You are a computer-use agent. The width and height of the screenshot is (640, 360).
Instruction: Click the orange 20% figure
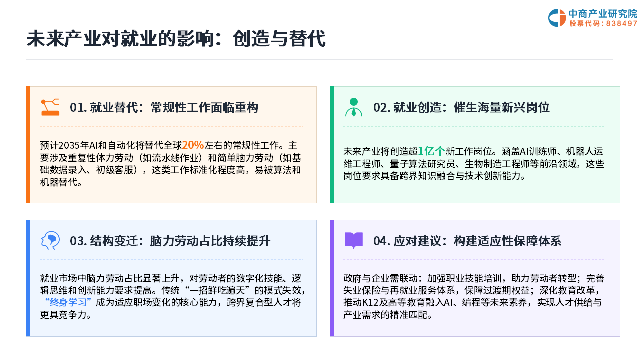click(x=193, y=145)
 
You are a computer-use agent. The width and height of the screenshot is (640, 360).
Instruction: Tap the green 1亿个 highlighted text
click(x=431, y=151)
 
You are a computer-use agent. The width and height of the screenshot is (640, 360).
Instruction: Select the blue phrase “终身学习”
click(x=68, y=302)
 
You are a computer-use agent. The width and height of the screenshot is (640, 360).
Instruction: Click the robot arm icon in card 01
click(x=50, y=107)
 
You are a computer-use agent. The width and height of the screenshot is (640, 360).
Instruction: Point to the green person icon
click(x=353, y=107)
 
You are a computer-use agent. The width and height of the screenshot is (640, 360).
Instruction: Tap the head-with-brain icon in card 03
click(x=50, y=240)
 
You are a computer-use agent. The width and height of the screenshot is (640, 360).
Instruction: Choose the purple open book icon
click(x=353, y=240)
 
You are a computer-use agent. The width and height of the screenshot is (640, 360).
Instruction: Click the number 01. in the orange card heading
click(x=78, y=107)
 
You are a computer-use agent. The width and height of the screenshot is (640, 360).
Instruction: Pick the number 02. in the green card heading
click(x=382, y=107)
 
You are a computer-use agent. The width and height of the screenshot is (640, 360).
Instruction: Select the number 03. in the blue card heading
click(x=78, y=241)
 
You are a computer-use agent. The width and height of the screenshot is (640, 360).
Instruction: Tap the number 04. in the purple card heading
click(x=382, y=241)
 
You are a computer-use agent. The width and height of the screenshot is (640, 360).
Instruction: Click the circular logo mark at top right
click(x=557, y=18)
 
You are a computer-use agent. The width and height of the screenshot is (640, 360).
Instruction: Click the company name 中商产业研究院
click(x=603, y=13)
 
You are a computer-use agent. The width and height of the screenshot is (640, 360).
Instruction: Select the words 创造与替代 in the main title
click(x=279, y=38)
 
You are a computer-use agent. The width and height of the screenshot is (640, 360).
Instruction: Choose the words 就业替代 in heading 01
click(x=114, y=107)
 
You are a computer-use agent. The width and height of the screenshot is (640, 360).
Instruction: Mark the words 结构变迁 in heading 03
click(x=114, y=241)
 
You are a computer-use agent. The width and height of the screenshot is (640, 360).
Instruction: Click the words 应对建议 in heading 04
click(x=417, y=241)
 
